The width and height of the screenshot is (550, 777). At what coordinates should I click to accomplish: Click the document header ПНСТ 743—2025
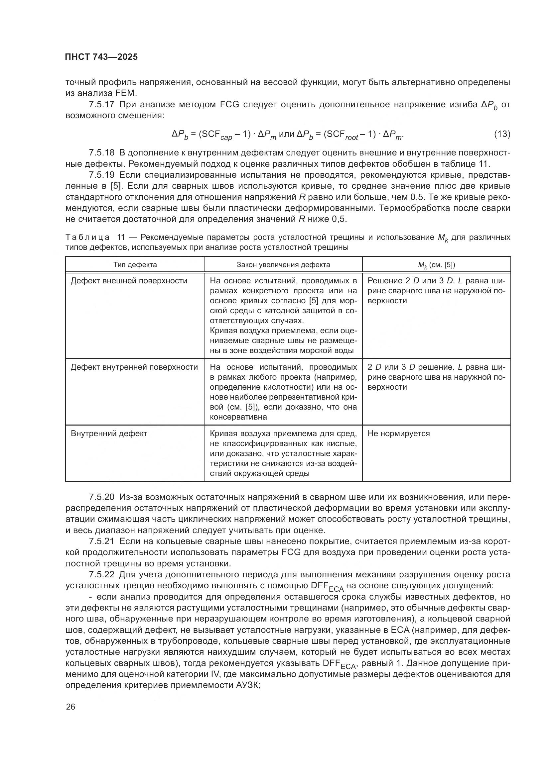point(102,57)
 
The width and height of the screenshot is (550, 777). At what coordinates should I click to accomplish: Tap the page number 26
point(70,707)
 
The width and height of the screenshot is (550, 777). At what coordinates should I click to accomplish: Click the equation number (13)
point(502,134)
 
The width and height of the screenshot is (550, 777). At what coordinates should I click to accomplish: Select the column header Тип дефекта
point(135,265)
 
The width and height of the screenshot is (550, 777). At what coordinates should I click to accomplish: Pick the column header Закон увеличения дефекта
point(283,265)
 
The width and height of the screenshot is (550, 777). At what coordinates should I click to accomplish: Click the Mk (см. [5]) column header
point(436,265)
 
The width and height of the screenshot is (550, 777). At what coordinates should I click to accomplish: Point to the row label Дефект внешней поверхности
point(129,281)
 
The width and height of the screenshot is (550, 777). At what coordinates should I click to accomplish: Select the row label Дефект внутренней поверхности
point(134,367)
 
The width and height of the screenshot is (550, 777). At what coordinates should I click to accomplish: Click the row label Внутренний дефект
point(109,434)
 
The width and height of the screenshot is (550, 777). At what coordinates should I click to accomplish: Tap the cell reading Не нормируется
point(398,434)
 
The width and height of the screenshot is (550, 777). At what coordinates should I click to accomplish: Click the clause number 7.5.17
point(102,105)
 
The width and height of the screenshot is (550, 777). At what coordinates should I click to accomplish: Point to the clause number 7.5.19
point(102,175)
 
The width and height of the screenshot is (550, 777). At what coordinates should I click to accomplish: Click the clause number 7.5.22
point(102,575)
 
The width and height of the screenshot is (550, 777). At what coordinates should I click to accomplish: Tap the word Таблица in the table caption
point(87,237)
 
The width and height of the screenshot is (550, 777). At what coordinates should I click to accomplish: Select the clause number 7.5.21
point(102,541)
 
